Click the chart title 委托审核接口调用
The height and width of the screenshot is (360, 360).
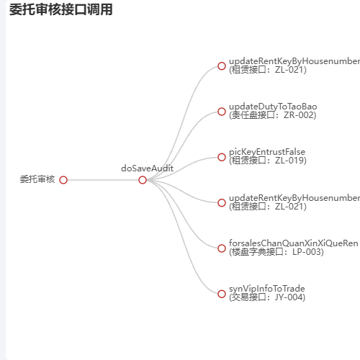[61, 10]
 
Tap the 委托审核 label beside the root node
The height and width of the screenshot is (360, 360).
[37, 179]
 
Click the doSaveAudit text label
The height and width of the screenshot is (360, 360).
[147, 168]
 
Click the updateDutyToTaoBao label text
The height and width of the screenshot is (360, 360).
[273, 107]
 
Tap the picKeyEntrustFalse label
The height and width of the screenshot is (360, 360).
[267, 152]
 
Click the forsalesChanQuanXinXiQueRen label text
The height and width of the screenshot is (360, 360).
[294, 243]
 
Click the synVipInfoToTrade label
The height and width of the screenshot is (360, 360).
[267, 289]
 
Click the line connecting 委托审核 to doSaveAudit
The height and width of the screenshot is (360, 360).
[103, 180]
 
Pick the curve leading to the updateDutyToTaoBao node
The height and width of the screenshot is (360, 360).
[183, 144]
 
